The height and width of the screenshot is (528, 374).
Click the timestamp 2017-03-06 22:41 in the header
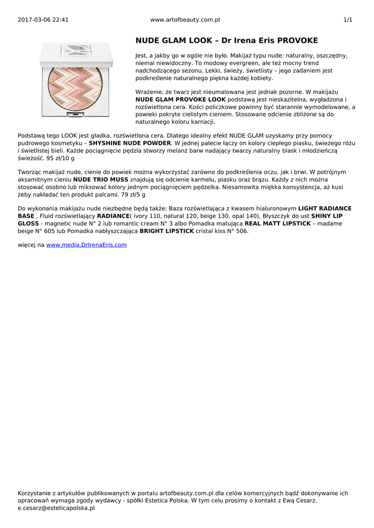pos(43,20)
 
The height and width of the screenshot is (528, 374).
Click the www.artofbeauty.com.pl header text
pos(185,20)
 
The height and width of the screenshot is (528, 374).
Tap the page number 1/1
pos(348,20)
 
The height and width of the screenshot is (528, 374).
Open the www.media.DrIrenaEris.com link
pos(86,245)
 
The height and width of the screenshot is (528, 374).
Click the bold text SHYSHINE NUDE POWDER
pos(130,143)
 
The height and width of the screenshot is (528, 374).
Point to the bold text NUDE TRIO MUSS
pos(101,179)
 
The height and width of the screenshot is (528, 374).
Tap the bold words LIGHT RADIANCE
pos(324,209)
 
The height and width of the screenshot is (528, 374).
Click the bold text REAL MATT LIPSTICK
pos(278,224)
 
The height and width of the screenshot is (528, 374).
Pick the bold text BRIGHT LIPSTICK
pos(167,232)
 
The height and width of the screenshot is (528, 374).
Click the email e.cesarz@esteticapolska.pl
pos(56,508)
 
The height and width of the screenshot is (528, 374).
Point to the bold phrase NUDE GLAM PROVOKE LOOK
pos(181,99)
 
